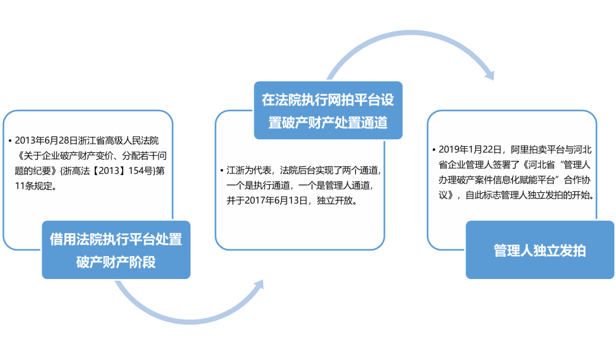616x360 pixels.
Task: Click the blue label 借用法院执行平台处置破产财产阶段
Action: (x=116, y=250)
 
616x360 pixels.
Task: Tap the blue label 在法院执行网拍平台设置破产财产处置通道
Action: (x=328, y=111)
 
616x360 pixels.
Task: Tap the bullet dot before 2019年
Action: (x=434, y=150)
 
